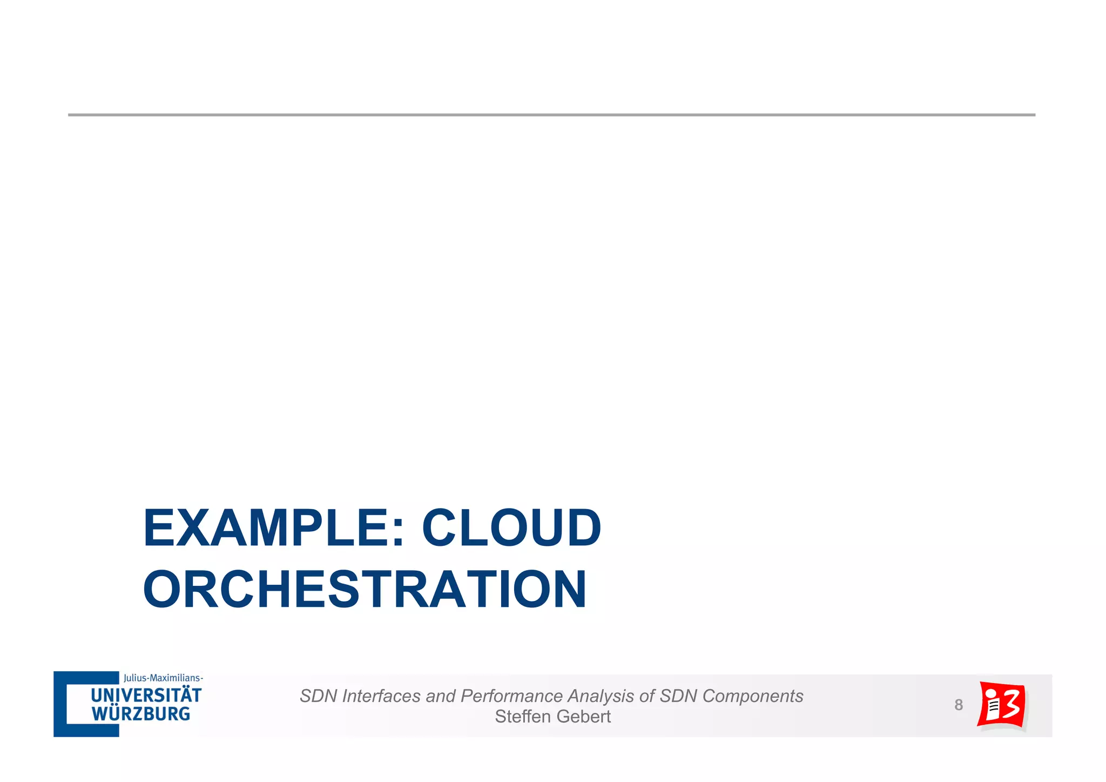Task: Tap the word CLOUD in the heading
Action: pos(511,528)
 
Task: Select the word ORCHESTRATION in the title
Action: pos(365,590)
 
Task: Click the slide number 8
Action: pos(959,705)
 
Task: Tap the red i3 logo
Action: pos(1002,705)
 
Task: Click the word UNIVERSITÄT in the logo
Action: pos(146,695)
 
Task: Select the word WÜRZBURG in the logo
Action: pos(140,714)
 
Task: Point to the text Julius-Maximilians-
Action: pos(163,678)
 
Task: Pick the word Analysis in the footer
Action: pos(601,696)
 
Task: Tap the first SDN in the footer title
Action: pos(319,696)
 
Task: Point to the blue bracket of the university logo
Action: pos(60,704)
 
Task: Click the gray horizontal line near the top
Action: pos(551,115)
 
